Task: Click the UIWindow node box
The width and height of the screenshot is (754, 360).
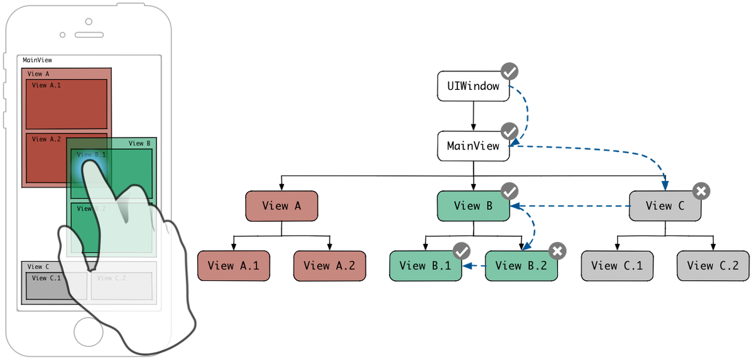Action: point(473,86)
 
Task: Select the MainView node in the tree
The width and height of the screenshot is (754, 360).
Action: point(473,146)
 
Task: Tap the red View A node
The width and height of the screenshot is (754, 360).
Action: point(281,206)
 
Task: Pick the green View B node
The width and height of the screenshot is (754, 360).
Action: point(473,206)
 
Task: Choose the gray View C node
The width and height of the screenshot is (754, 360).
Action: point(665,206)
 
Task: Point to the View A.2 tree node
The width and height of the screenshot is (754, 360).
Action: point(329,266)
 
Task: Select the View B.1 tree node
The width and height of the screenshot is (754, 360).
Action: point(425,266)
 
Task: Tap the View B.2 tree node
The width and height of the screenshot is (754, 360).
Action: point(521,266)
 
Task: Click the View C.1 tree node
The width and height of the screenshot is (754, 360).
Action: point(617,266)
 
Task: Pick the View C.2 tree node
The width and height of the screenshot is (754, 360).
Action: point(713,266)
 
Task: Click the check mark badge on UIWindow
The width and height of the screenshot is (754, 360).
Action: point(510,72)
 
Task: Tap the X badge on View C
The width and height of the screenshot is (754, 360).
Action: point(702,190)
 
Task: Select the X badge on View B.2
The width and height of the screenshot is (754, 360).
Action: point(557,251)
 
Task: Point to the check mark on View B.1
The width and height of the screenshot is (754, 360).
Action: point(462,251)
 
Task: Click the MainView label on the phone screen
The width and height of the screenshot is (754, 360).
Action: point(37,60)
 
